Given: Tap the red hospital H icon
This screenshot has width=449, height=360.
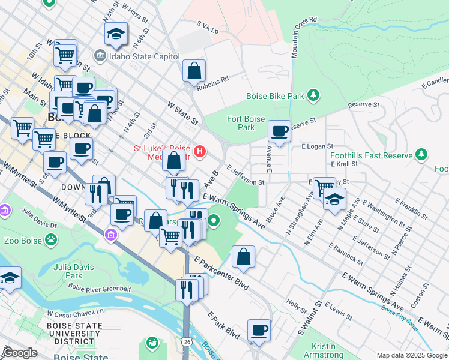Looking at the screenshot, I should (200, 151).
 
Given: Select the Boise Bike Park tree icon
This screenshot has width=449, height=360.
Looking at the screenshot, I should (312, 95).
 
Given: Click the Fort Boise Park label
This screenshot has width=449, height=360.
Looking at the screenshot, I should (246, 123).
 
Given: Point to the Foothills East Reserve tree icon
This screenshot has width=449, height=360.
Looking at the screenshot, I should (422, 155).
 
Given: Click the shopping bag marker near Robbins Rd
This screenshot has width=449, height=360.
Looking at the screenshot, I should (194, 71).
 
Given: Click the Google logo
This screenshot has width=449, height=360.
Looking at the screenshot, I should (20, 352).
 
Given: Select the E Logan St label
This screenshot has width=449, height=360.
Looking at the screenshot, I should (317, 146).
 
